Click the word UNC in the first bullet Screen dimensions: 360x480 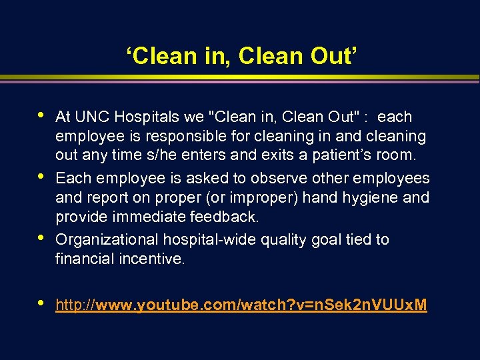pyautogui.click(x=90, y=117)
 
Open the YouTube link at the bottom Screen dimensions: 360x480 pyautogui.click(x=241, y=305)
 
